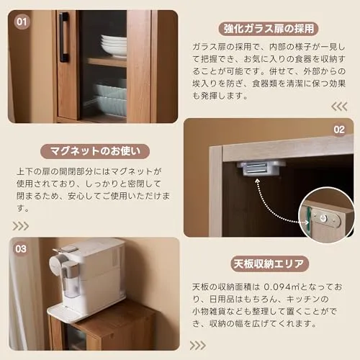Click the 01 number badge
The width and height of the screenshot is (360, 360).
(22, 22)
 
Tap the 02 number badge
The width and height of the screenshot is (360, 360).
(339, 130)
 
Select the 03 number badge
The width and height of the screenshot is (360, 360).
(21, 249)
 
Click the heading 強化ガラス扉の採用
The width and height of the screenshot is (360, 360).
(269, 29)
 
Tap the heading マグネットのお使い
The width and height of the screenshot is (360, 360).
(95, 151)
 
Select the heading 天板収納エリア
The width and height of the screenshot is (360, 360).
(269, 264)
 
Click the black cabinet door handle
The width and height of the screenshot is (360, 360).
(64, 37)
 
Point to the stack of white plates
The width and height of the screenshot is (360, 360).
(114, 45)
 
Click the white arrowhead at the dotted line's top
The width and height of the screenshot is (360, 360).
(257, 181)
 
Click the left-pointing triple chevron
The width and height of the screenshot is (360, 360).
(339, 107)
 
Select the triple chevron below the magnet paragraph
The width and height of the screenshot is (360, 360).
(21, 226)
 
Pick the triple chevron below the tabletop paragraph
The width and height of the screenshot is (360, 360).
(198, 346)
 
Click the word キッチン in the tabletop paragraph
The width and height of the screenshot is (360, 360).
(303, 299)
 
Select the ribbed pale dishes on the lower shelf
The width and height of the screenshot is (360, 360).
(110, 99)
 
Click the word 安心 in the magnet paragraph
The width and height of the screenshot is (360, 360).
(76, 196)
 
